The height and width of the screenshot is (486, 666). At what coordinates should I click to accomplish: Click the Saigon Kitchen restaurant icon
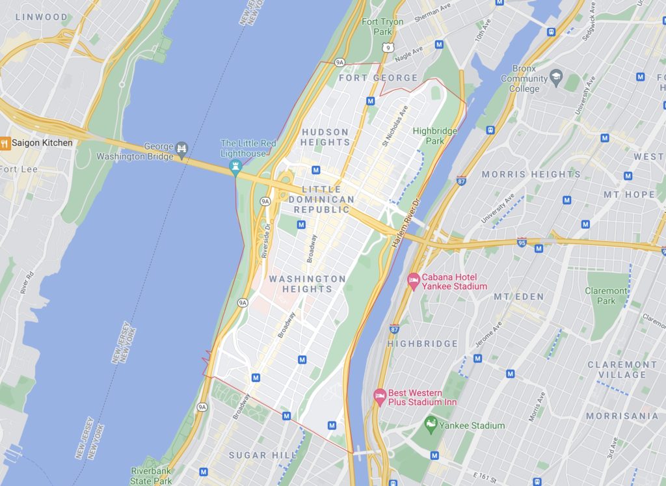tap(4, 143)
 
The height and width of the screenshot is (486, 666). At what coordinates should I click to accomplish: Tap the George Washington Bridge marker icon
tap(181, 149)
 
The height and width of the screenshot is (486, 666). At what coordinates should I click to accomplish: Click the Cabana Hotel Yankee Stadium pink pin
tap(413, 281)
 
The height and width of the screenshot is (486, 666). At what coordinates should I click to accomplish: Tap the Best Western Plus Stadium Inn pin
tap(380, 397)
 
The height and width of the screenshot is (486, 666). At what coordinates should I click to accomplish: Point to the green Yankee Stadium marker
tap(430, 426)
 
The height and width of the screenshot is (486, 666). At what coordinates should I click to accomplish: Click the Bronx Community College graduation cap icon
tap(555, 79)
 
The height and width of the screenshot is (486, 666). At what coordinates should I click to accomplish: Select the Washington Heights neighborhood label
tap(307, 284)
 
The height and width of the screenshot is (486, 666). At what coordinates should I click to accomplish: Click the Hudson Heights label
tap(325, 137)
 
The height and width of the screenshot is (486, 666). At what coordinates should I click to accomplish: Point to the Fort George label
tap(378, 78)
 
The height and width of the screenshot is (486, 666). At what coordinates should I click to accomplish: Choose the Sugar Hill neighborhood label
tap(256, 455)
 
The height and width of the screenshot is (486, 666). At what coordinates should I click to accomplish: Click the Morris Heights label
tap(531, 174)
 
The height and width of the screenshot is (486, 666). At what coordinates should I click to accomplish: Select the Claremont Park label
tap(606, 296)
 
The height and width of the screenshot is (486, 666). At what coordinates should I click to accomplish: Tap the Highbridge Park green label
tap(434, 135)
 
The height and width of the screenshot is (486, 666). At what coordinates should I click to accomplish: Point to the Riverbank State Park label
tap(152, 476)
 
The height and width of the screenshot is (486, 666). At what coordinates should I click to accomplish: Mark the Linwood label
tap(41, 17)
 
